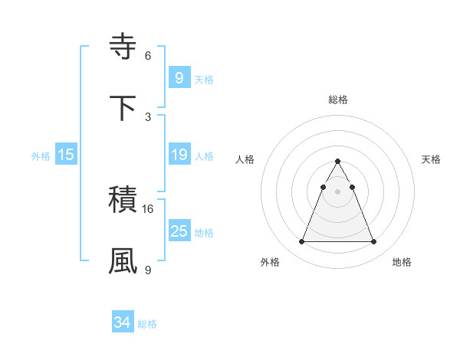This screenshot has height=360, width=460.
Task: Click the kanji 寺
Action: [x=123, y=47]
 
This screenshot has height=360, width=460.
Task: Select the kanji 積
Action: [x=123, y=200]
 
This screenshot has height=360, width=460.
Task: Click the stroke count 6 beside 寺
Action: [x=148, y=55]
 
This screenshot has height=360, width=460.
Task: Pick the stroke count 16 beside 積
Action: [x=148, y=208]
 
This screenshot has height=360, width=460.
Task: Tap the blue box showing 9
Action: [x=179, y=77]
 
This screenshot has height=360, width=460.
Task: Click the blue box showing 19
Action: [x=179, y=155]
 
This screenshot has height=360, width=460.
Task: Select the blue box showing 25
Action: [x=179, y=231]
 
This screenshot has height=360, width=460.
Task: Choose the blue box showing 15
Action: [x=66, y=155]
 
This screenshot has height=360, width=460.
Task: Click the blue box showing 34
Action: [x=122, y=323]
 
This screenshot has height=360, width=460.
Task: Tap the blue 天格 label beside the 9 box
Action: [x=204, y=80]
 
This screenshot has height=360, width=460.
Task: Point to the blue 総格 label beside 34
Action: [x=147, y=325]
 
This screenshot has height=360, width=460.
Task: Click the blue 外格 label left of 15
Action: [x=41, y=156]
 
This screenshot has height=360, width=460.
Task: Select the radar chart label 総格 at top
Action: [x=338, y=100]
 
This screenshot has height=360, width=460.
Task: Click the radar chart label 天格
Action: [x=432, y=159]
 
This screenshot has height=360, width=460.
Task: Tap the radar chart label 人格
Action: [x=245, y=159]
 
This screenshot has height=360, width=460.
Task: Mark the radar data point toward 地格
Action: [x=373, y=242]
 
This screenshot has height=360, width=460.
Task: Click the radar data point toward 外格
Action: [x=301, y=242]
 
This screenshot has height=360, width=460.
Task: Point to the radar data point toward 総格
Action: [x=337, y=162]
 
